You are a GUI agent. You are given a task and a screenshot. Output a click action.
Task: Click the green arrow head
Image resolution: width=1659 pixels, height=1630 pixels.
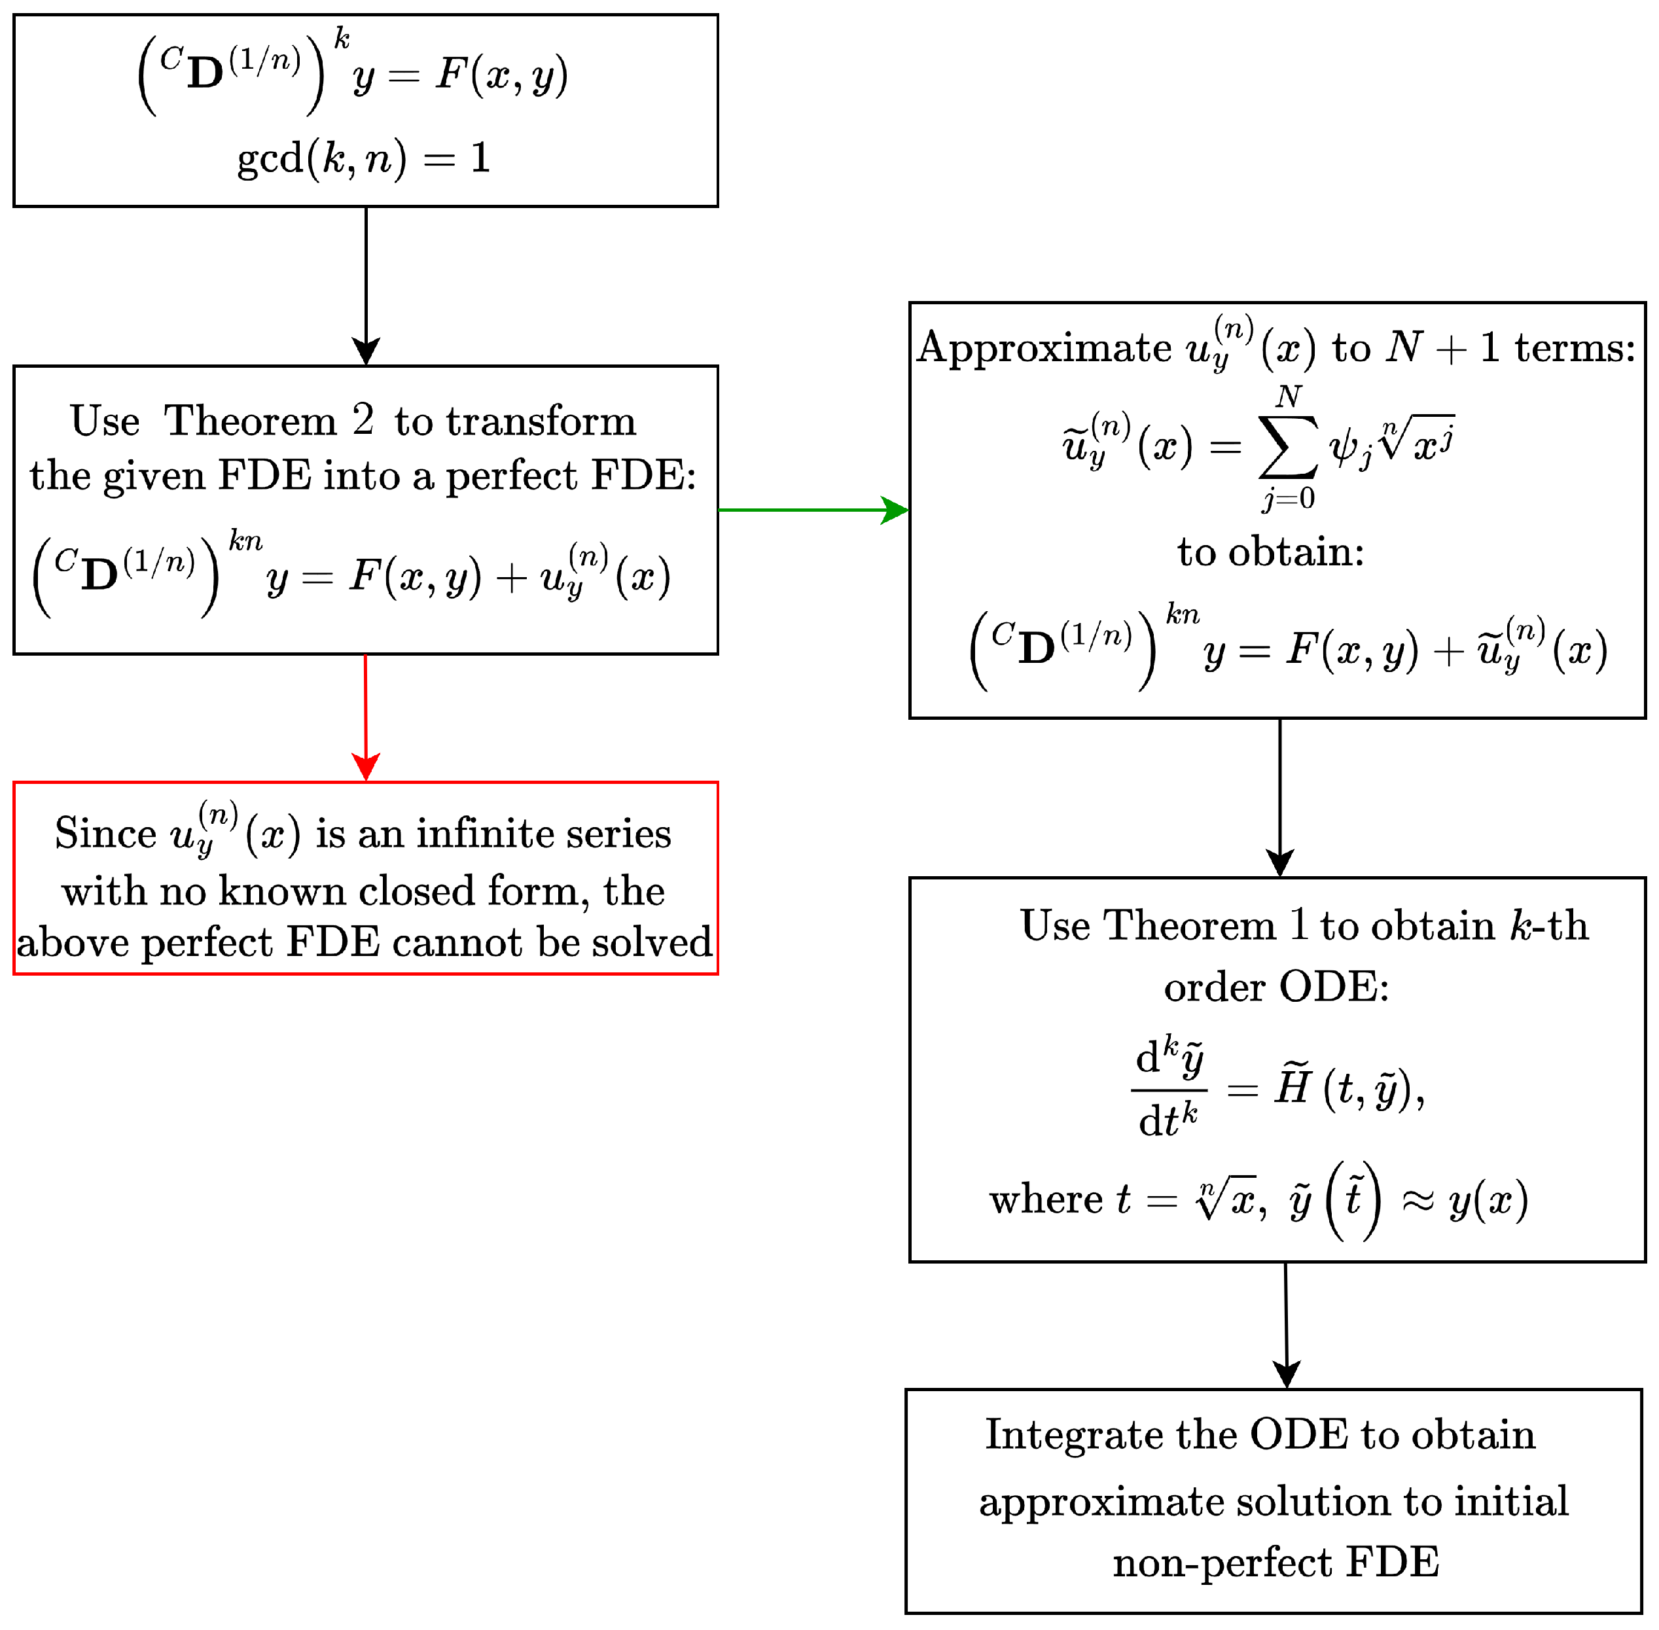click(x=895, y=510)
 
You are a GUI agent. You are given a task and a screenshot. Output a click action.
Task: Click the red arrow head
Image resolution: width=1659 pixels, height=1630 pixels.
click(x=366, y=767)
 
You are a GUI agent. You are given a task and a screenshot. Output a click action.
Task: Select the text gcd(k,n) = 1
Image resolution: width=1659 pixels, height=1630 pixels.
click(x=364, y=158)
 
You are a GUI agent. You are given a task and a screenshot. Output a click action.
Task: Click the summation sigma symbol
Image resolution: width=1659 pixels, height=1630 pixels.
click(x=1287, y=447)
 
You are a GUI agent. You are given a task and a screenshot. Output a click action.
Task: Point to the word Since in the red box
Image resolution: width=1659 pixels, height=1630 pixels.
click(x=105, y=833)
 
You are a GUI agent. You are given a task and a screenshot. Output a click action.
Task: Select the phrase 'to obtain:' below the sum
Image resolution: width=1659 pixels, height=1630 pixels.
click(x=1270, y=552)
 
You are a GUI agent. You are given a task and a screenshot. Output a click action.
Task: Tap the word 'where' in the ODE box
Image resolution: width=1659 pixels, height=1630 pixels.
click(x=1046, y=1199)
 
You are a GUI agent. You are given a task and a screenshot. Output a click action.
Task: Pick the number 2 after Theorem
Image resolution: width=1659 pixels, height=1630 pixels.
click(x=363, y=420)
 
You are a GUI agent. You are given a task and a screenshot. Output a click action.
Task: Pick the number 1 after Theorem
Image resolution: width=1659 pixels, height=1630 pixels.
click(x=1298, y=925)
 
